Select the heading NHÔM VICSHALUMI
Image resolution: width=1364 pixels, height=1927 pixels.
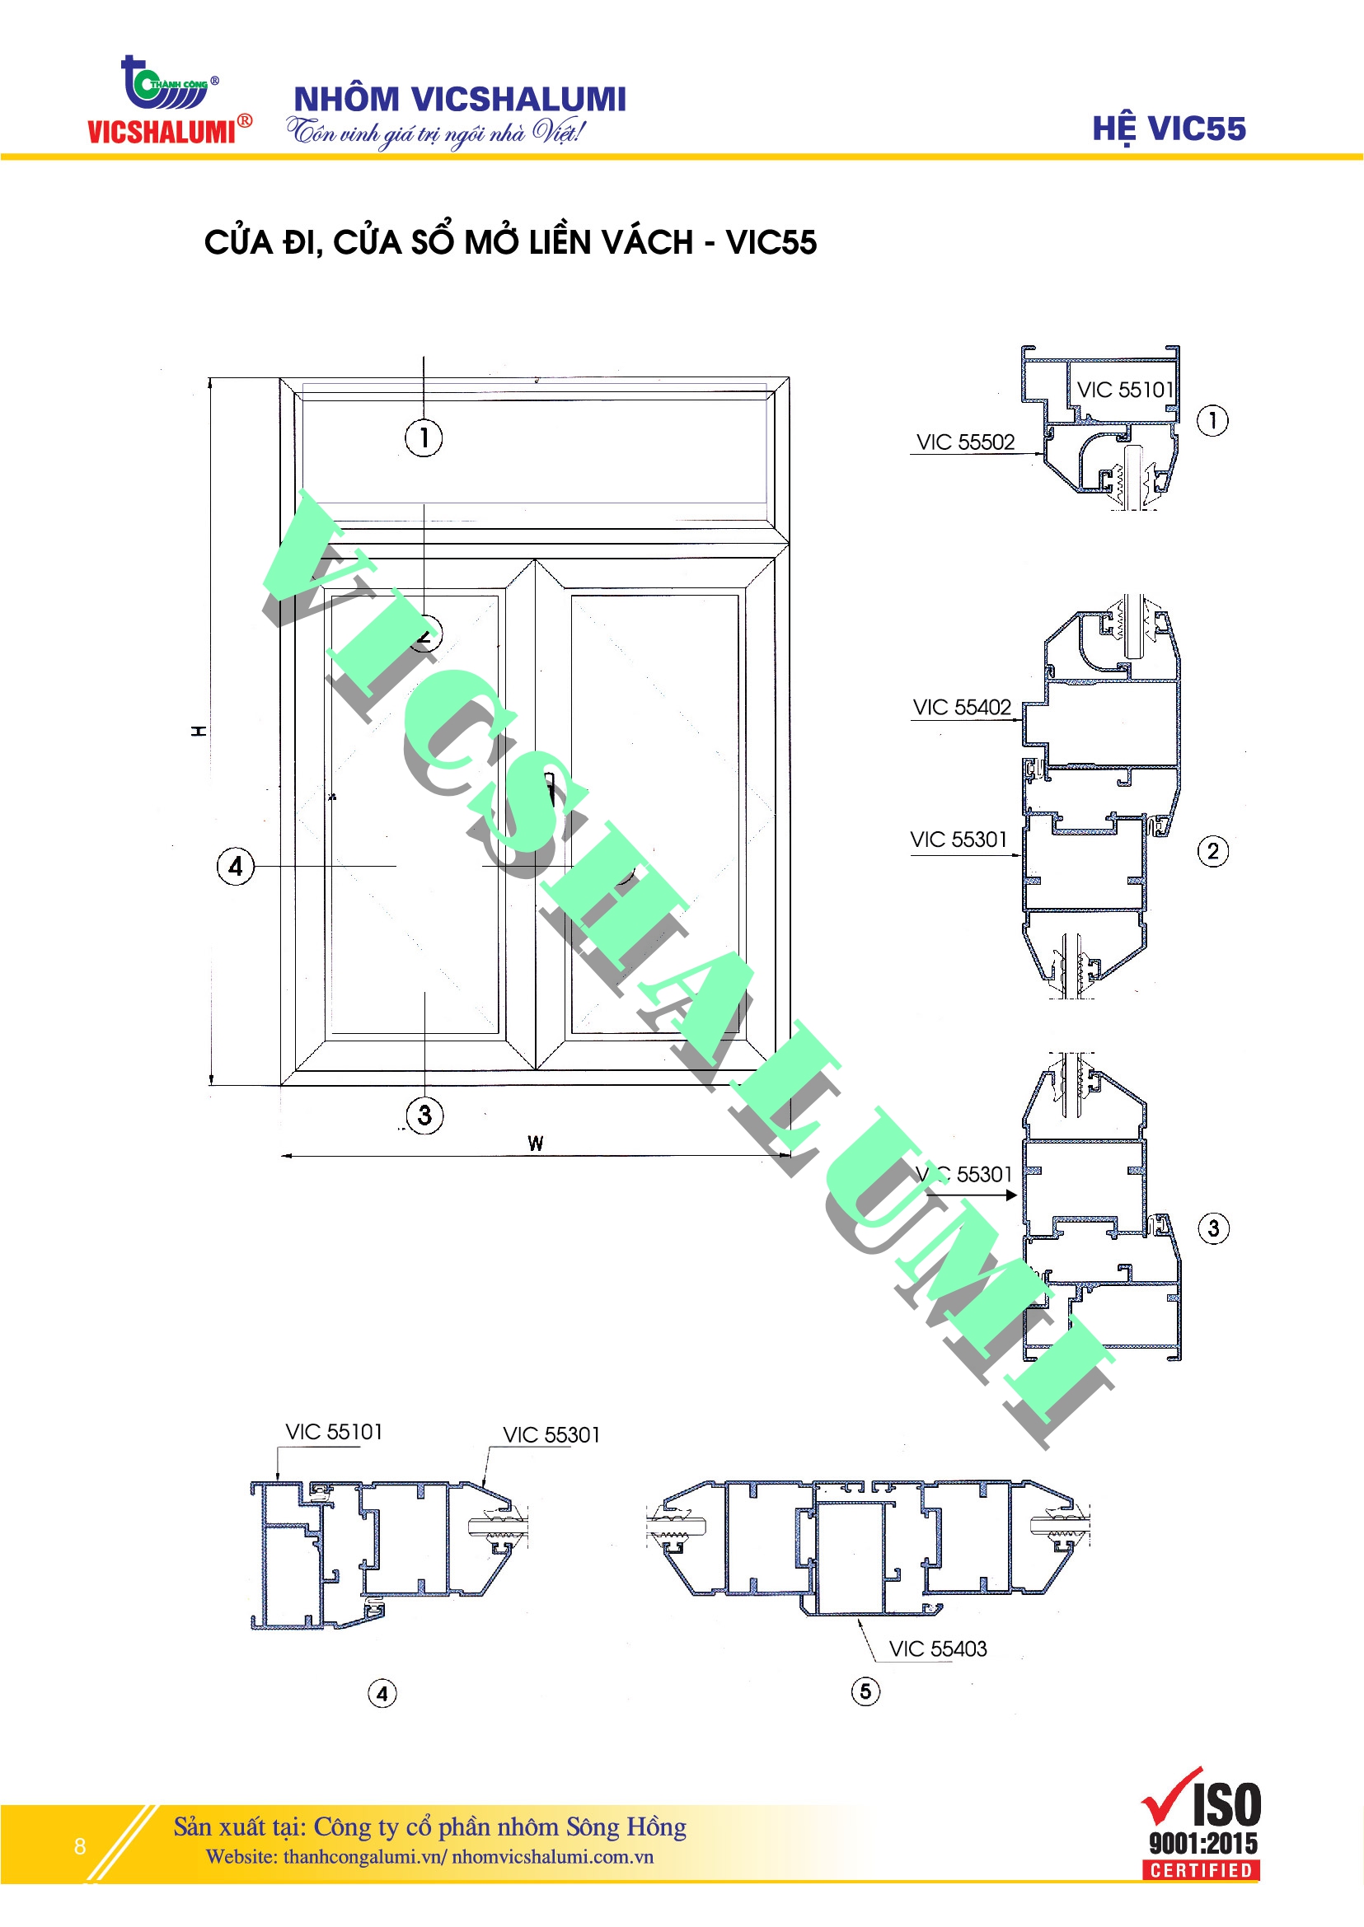coord(459,98)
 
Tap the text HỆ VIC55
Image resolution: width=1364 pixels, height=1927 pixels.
coord(1169,129)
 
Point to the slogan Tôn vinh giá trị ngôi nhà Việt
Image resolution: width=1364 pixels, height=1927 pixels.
coord(435,133)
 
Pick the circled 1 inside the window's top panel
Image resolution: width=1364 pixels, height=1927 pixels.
coord(424,437)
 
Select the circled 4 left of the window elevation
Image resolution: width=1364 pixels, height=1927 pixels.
coord(235,866)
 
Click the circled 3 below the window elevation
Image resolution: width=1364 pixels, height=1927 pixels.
coord(424,1115)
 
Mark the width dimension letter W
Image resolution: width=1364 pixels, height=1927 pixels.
coord(535,1143)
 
